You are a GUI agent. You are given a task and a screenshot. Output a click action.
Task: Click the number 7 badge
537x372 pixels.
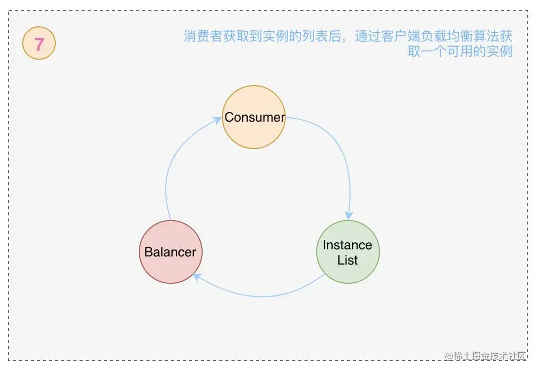click(39, 45)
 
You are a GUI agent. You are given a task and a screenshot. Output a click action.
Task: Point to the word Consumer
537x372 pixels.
click(254, 117)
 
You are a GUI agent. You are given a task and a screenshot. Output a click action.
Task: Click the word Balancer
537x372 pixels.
click(170, 252)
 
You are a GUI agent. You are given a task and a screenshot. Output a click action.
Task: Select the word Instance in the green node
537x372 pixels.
click(348, 245)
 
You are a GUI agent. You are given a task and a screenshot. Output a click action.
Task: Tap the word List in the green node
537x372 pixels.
click(348, 261)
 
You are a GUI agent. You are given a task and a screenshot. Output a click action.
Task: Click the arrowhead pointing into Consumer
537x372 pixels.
click(218, 120)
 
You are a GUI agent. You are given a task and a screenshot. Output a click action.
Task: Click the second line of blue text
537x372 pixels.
click(459, 51)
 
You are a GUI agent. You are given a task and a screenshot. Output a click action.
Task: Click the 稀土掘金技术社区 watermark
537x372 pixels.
click(490, 356)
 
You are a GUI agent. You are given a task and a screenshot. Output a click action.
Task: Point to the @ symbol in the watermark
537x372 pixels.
click(449, 356)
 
